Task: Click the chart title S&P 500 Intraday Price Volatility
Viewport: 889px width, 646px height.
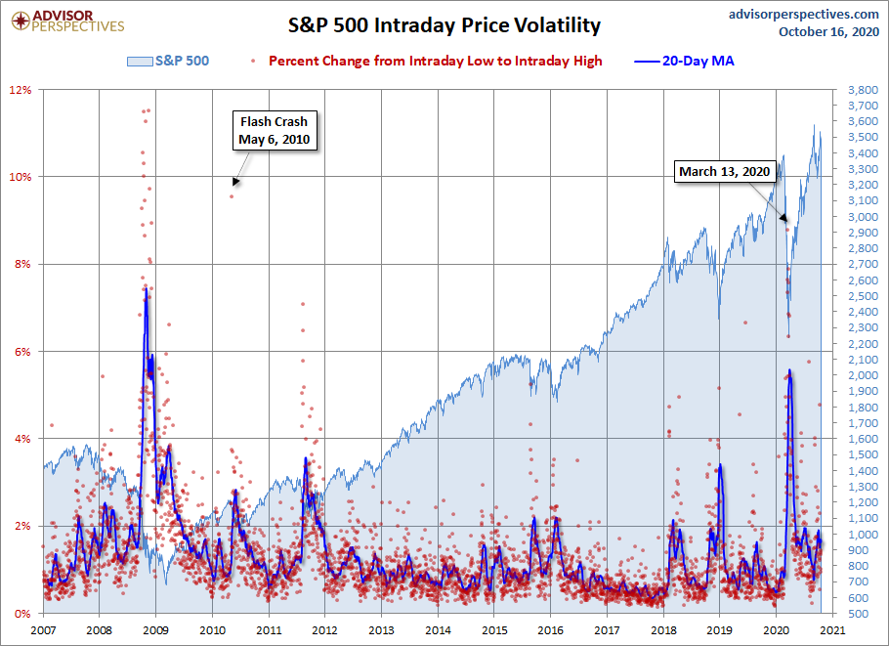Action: point(444,24)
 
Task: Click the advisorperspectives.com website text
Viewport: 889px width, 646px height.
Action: point(790,14)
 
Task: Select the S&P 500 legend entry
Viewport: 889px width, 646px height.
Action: point(167,61)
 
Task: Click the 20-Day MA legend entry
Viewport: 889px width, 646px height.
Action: point(687,61)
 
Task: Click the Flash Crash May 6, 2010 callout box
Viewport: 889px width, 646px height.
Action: point(274,131)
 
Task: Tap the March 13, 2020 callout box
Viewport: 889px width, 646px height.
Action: point(725,172)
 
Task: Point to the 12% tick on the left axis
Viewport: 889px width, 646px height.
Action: point(21,90)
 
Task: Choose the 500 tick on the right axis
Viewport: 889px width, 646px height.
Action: point(858,614)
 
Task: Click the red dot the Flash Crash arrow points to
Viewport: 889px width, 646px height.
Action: point(232,196)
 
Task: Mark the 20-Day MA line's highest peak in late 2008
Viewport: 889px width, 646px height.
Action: point(146,288)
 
